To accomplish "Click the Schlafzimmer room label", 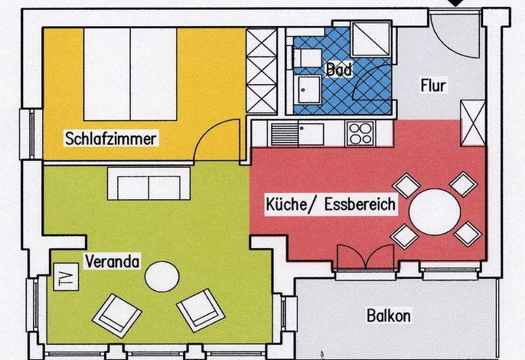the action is (111, 139).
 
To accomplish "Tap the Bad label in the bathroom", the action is (339, 70).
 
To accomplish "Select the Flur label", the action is (433, 86).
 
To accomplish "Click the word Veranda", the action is (112, 261).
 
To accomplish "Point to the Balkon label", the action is (389, 316).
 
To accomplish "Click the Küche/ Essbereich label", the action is (331, 205).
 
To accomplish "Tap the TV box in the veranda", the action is (67, 277).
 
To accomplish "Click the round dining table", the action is (435, 212).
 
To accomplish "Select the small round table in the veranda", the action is (162, 277).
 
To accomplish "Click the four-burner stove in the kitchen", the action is (360, 133).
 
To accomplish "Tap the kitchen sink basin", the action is (311, 134).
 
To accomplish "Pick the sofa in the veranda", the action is (148, 184).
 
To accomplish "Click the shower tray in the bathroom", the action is (371, 38).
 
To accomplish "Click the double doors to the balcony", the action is (366, 257).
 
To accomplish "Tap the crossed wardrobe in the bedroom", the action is (262, 71).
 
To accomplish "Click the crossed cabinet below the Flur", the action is (473, 123).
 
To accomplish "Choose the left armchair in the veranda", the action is (117, 316).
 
